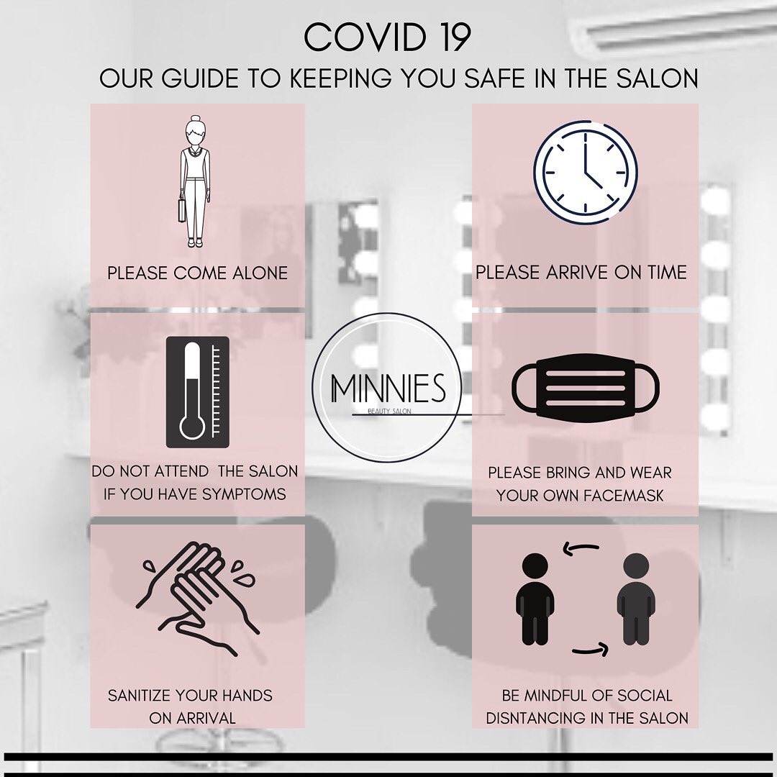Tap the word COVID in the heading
tap(365, 37)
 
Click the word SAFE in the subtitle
tap(497, 79)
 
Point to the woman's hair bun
tap(194, 119)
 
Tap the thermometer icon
tap(198, 392)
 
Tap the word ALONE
tap(260, 273)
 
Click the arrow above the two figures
tap(581, 547)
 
